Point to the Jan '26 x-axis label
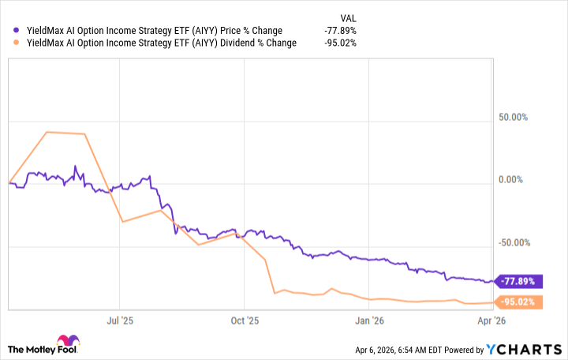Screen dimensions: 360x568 (370, 321)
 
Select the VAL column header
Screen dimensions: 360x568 (346, 17)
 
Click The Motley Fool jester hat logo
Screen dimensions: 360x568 (17, 348)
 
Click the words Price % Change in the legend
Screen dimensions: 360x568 (246, 31)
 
